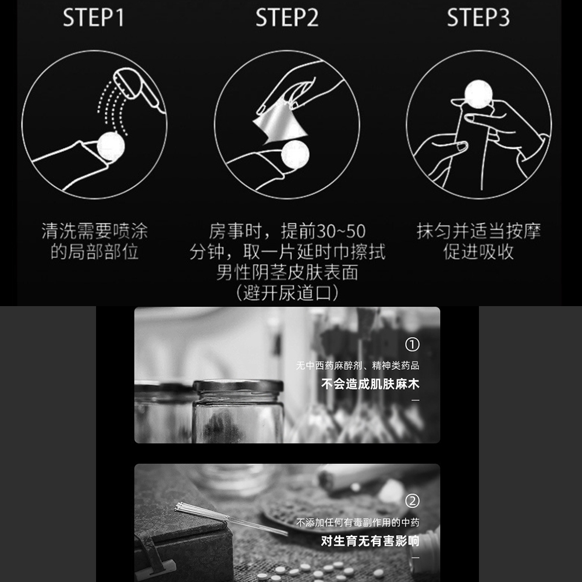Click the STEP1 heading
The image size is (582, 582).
coord(93,17)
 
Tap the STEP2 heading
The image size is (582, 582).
coord(287,17)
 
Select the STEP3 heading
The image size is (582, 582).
coord(478,17)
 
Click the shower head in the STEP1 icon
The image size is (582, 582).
coord(138,88)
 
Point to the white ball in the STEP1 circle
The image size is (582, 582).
coord(111,146)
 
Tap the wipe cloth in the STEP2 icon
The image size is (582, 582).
coord(281,125)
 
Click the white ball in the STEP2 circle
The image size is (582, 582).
coord(295,154)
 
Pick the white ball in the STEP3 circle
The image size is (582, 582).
coord(478,94)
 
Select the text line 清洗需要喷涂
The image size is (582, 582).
coord(95,231)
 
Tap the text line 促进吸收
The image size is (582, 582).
coord(478,252)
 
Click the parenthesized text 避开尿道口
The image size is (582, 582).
coord(288,293)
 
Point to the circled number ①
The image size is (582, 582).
coord(412,345)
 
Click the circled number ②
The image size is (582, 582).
coord(412,501)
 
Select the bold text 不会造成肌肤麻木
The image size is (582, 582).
coord(370,384)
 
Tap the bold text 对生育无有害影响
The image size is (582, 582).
coord(370,541)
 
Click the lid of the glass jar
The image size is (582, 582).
coord(238,386)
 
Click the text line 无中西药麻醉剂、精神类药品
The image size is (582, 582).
coord(357,365)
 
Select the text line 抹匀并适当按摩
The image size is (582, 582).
coord(478,231)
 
